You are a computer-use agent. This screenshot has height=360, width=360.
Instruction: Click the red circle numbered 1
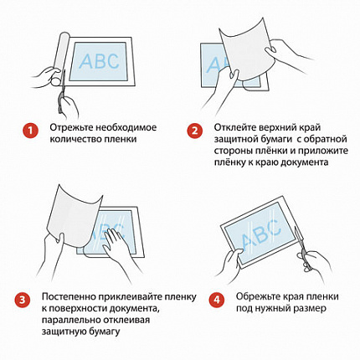coord(30,131)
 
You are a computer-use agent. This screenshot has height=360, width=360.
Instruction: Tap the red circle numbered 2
coord(194,131)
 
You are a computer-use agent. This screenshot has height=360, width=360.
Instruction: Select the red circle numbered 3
coord(23,300)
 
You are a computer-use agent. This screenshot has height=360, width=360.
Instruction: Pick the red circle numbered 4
coord(217,300)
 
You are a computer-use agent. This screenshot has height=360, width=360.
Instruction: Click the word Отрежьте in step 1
coord(71,128)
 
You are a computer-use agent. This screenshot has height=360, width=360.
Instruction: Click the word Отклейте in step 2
coord(235,127)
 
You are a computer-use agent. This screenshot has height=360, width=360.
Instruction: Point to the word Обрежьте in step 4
coord(258,296)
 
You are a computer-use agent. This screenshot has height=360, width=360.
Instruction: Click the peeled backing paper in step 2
coord(246,49)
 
